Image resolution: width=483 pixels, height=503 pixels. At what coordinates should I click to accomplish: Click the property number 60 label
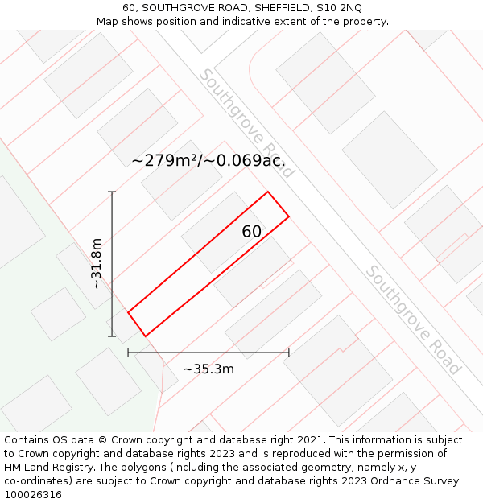[251, 232]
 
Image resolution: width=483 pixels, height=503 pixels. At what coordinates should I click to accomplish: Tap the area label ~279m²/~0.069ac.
[208, 160]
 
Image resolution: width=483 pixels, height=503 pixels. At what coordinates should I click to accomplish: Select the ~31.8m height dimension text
[96, 263]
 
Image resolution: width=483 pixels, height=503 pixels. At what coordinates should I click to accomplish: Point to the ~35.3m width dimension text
[208, 369]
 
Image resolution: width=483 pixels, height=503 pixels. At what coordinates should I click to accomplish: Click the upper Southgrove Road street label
[247, 123]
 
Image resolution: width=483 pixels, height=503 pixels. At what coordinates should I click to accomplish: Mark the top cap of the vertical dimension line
[112, 192]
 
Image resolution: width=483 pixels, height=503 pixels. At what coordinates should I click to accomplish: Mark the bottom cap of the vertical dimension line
[112, 336]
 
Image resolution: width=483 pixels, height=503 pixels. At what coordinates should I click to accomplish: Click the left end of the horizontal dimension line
[128, 352]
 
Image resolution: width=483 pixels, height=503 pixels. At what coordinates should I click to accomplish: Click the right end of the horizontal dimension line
[288, 352]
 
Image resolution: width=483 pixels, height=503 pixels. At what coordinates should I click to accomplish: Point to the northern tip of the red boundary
[267, 192]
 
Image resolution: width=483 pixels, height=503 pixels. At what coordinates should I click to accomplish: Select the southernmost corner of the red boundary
[145, 336]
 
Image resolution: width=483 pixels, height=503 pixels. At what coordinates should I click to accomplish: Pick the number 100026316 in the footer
[31, 495]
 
